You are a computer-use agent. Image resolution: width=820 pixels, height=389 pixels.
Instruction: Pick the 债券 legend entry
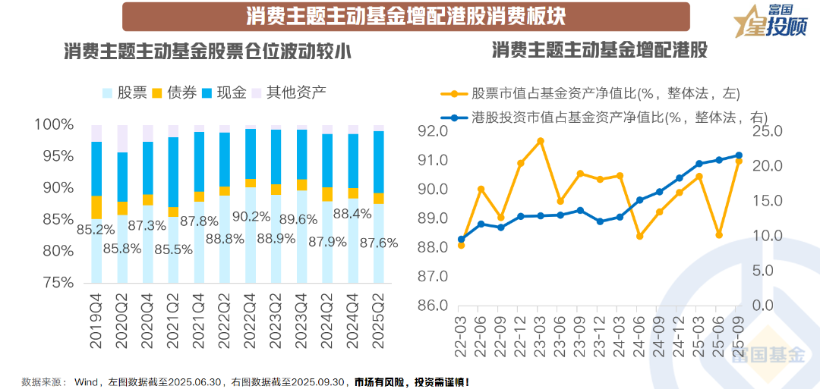[x=174, y=93]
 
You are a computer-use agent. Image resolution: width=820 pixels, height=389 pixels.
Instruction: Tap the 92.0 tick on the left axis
[x=432, y=131]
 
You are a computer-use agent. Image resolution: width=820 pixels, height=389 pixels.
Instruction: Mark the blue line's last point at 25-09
[x=738, y=155]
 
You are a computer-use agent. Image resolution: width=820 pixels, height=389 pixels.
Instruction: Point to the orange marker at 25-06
[x=719, y=235]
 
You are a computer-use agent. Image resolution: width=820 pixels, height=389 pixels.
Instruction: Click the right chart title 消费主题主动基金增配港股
[x=599, y=51]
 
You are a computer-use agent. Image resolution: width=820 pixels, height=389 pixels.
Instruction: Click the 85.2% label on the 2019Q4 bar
[x=96, y=228]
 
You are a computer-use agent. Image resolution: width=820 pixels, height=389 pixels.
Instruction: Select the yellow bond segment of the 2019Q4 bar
[x=96, y=207]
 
